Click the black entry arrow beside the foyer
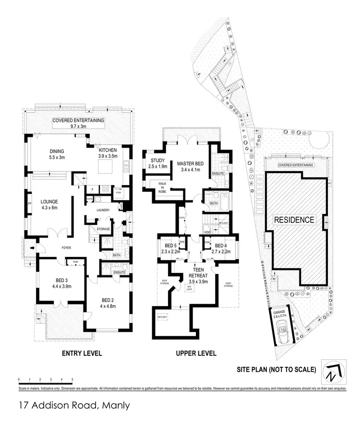32,248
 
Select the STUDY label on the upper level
158,160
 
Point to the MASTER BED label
191,164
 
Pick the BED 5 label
169,247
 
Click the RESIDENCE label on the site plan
294,220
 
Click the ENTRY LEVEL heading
82,353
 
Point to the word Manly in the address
115,406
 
